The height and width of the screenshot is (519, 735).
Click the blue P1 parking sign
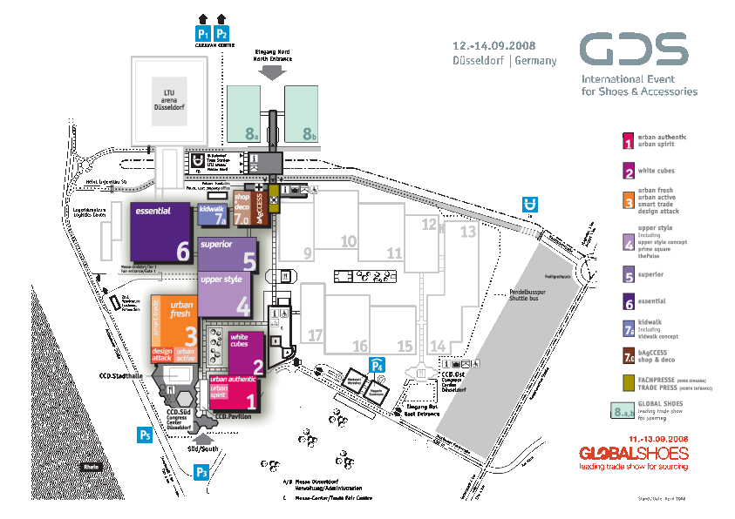tap(202, 33)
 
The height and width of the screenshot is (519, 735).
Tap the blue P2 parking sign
tap(221, 33)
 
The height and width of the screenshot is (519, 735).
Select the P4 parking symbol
tap(377, 365)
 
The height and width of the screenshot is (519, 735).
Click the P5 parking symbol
tap(145, 434)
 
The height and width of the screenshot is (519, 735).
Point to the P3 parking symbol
tap(202, 473)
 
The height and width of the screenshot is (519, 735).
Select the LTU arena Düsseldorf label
tap(169, 95)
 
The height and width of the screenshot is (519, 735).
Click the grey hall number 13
tap(468, 232)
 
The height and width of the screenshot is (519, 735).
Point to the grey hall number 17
tap(316, 335)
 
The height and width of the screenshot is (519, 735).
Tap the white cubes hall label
tap(240, 340)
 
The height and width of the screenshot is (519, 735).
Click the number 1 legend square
tap(627, 140)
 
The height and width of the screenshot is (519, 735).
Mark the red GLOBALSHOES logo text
tap(634, 454)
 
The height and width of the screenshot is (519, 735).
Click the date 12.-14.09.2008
tap(493, 44)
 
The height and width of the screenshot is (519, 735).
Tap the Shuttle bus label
tap(527, 299)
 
